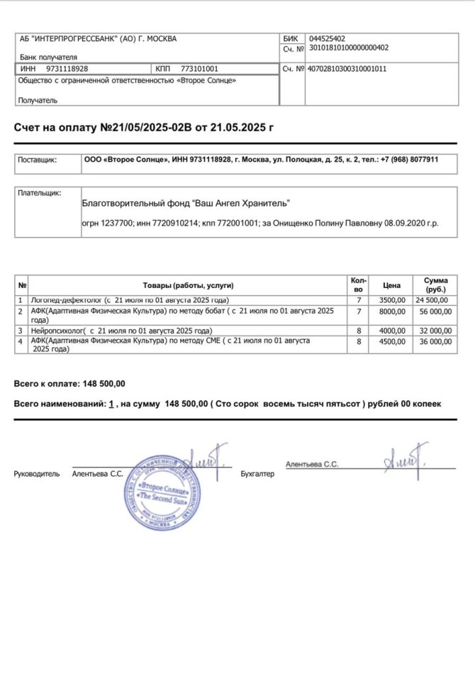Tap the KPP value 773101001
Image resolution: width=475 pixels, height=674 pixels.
(x=200, y=69)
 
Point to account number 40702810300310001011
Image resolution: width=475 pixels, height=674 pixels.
(x=347, y=69)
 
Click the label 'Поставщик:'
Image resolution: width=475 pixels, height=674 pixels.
(x=38, y=160)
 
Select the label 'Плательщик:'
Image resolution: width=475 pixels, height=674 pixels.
(x=40, y=193)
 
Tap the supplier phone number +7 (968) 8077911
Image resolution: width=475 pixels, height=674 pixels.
(x=409, y=160)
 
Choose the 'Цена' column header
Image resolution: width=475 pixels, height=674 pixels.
(x=392, y=285)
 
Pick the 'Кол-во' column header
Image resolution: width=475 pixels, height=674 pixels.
(x=358, y=285)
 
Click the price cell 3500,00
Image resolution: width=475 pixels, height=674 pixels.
(x=393, y=301)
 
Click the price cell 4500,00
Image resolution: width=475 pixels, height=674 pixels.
(x=393, y=341)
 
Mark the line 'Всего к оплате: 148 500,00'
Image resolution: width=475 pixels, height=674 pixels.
(x=69, y=384)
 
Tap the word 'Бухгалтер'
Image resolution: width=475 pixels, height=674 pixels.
(x=257, y=473)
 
